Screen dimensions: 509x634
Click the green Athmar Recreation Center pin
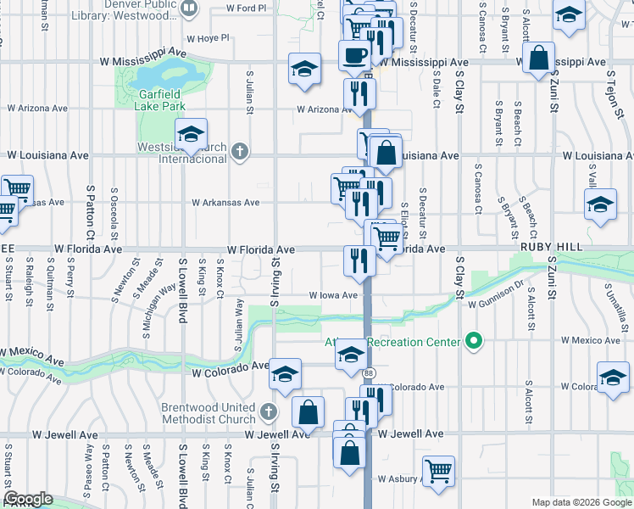(x=474, y=342)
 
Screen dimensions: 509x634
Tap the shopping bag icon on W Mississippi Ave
(x=538, y=59)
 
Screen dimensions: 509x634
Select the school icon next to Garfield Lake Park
(x=192, y=135)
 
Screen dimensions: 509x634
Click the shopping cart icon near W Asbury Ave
(x=437, y=471)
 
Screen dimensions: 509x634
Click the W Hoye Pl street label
(x=207, y=38)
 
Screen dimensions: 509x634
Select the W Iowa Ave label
(x=338, y=295)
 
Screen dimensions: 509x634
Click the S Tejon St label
(x=611, y=84)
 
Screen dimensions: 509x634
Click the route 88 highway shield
(x=369, y=372)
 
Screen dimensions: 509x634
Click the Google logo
(x=27, y=499)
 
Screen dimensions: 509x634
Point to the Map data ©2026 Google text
(x=581, y=502)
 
